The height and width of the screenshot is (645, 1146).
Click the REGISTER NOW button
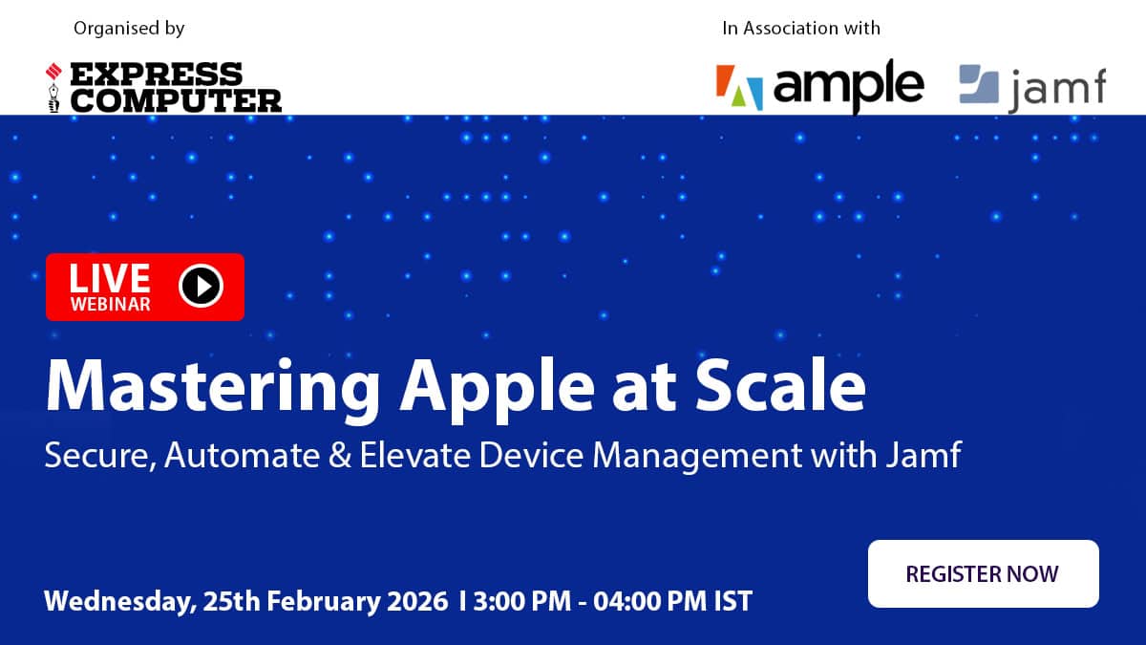[983, 573]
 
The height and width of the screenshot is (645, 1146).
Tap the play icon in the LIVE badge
[201, 285]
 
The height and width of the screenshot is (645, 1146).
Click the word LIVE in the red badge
[110, 277]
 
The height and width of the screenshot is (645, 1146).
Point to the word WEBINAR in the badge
[110, 304]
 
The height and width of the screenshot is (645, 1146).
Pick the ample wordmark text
[848, 86]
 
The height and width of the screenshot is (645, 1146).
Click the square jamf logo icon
[978, 84]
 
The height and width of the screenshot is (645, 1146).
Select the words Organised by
[129, 29]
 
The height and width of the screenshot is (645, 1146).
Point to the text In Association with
[800, 28]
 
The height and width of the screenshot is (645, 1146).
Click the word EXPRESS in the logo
[158, 75]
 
